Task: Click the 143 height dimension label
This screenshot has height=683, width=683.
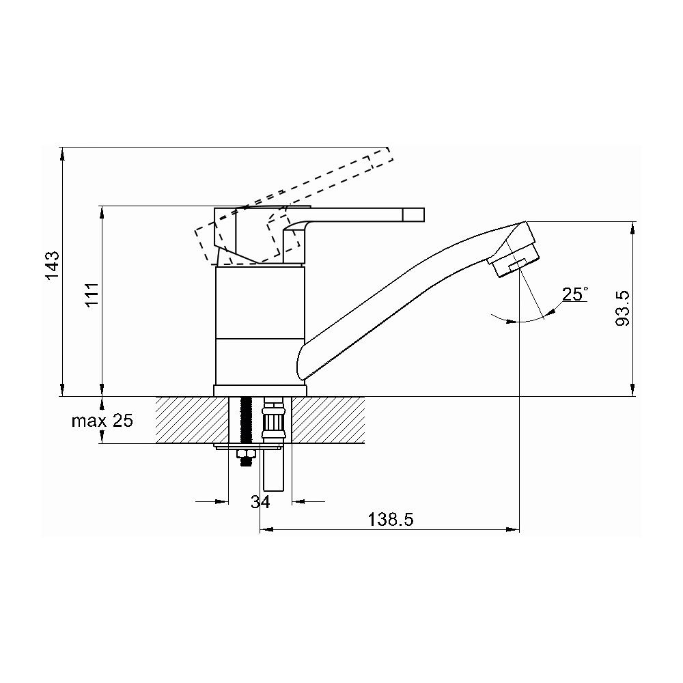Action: (53, 266)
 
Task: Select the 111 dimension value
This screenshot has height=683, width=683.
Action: (92, 295)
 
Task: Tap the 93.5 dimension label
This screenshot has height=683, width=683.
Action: (623, 309)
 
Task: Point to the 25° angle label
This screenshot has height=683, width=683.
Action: (575, 294)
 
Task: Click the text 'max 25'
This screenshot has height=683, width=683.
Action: (102, 421)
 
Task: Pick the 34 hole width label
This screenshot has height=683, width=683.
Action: (260, 502)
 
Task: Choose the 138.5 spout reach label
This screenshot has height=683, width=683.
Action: (390, 519)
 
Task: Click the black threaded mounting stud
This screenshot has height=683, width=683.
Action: (247, 418)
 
